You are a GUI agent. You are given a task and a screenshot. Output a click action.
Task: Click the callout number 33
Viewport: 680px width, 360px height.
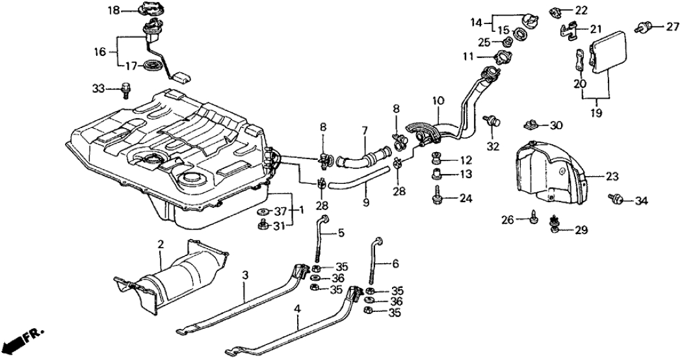click(x=98, y=88)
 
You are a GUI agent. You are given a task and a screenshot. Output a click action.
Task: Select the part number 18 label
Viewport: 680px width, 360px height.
click(x=114, y=10)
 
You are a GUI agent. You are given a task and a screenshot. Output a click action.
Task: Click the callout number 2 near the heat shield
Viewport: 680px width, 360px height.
click(x=160, y=244)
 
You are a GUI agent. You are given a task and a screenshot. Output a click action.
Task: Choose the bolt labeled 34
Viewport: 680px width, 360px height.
click(x=615, y=199)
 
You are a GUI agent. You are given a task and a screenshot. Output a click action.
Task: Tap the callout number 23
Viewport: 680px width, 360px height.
click(x=613, y=175)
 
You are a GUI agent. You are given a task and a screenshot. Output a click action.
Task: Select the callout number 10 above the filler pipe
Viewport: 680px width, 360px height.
click(x=438, y=101)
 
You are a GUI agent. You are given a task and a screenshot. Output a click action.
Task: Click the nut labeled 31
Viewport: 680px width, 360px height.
click(x=263, y=225)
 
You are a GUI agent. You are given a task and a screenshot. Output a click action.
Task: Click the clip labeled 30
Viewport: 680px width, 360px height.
click(x=530, y=124)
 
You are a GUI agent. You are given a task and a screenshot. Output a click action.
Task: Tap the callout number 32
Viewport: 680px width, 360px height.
click(x=493, y=146)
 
